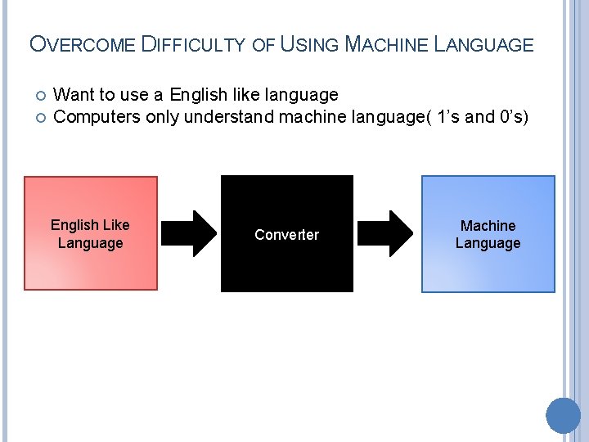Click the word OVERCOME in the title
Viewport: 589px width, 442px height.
coord(81,44)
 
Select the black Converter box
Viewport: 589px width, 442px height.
coord(286,262)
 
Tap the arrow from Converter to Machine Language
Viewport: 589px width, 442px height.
coord(387,234)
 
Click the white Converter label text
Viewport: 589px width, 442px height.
coord(286,235)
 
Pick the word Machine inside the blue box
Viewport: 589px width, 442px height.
coord(488,225)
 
